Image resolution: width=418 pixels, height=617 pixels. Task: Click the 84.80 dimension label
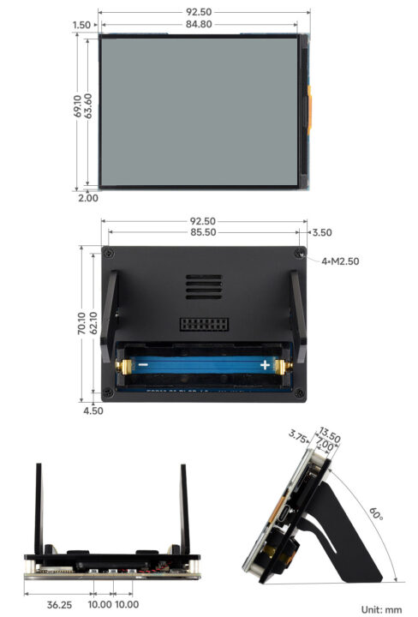click(203, 23)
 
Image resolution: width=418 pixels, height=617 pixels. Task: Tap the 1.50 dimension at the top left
click(81, 26)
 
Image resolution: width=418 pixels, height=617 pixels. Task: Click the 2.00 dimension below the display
click(87, 197)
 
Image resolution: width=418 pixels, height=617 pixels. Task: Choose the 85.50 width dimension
click(203, 232)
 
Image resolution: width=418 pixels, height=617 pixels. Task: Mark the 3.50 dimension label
click(322, 232)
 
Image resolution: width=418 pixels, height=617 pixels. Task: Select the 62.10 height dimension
click(93, 323)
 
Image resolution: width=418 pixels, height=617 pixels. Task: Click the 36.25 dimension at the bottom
click(58, 605)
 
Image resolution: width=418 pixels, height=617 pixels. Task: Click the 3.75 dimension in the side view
click(298, 436)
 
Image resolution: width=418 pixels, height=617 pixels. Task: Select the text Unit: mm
click(381, 609)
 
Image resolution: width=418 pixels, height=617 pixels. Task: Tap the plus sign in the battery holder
click(266, 366)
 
